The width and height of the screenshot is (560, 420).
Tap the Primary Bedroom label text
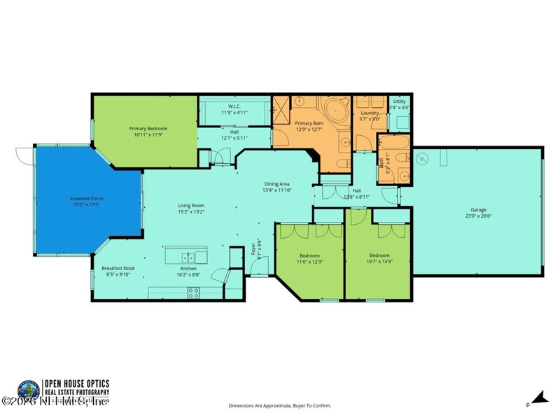click(x=148, y=129)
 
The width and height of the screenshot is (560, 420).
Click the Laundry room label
click(x=370, y=113)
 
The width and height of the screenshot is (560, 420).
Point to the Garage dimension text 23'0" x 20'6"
click(x=478, y=216)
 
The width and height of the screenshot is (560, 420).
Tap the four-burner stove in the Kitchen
click(x=193, y=294)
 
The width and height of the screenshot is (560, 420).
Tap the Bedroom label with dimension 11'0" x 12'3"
click(x=309, y=255)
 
